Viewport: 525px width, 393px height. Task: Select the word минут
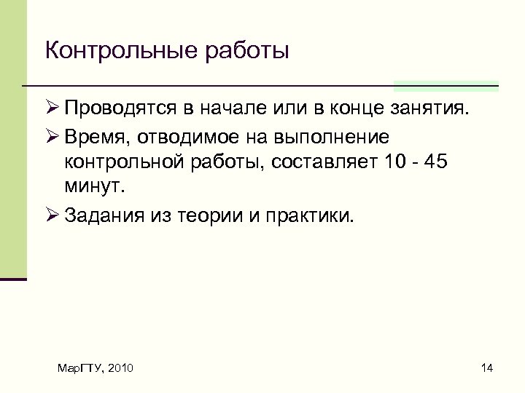point(94,186)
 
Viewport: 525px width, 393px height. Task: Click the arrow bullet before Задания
point(51,215)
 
